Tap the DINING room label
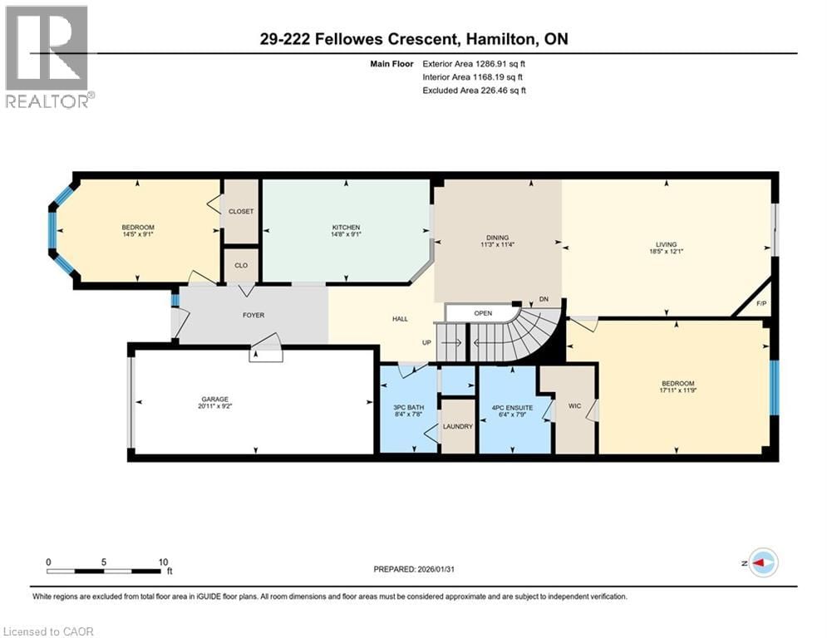point(498,238)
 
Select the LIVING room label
point(667,244)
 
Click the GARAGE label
point(214,399)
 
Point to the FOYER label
point(254,315)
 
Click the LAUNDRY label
point(457,426)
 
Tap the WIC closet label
point(574,406)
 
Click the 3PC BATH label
point(408,406)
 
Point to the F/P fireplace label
point(761,303)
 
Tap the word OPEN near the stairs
point(483,313)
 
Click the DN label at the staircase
point(544,299)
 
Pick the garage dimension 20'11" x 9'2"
point(214,406)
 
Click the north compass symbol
point(762,562)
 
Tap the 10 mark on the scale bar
point(164,561)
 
